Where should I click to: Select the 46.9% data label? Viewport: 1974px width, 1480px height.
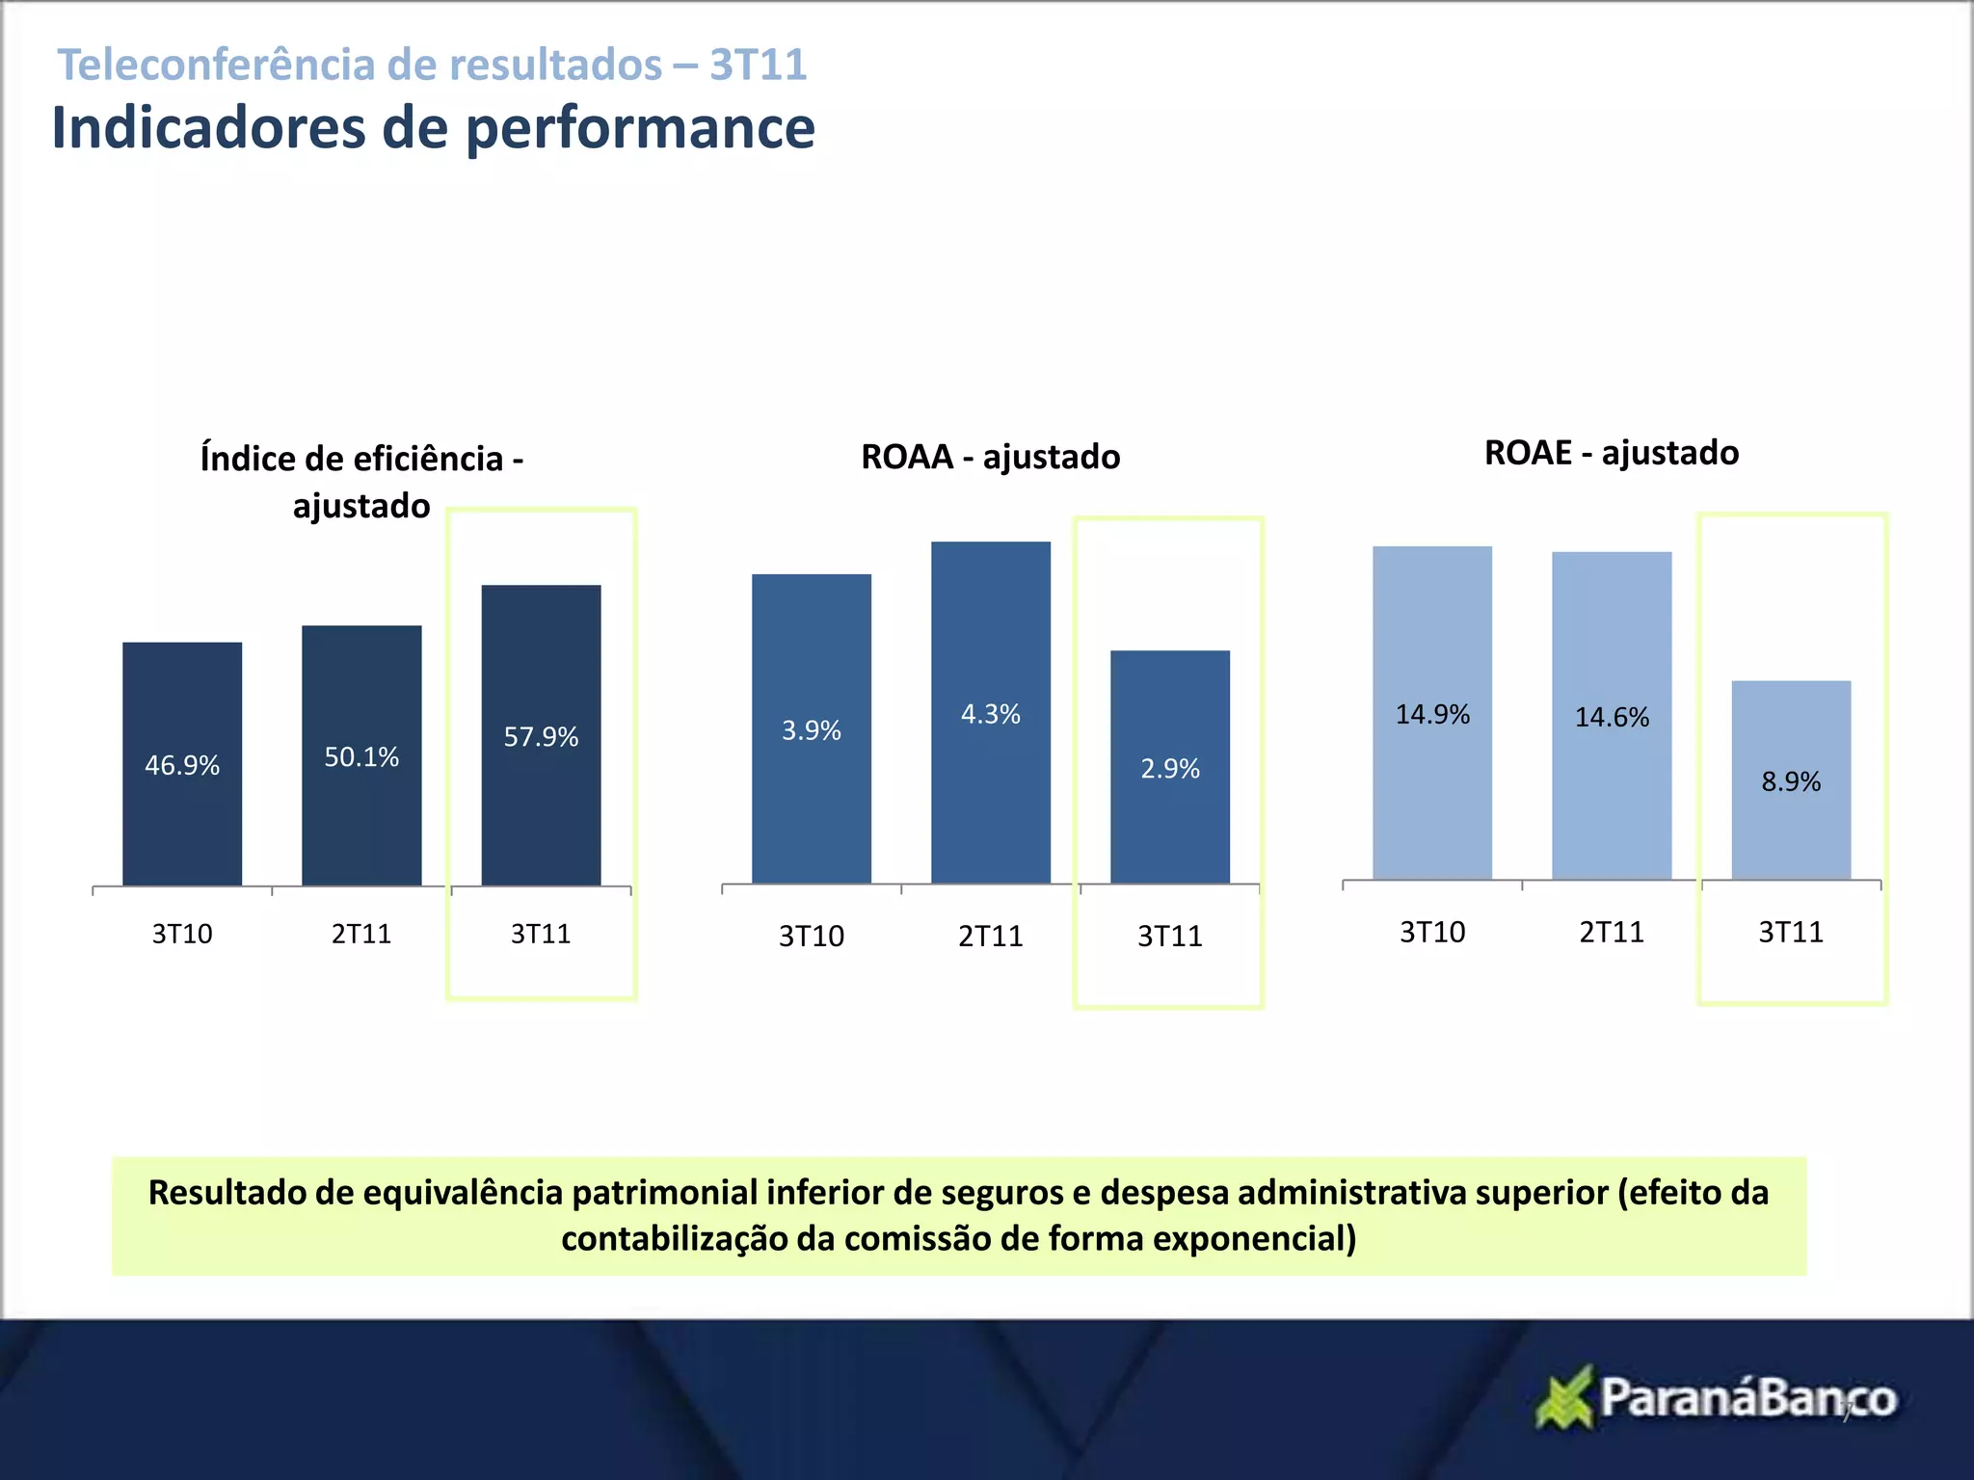(x=182, y=765)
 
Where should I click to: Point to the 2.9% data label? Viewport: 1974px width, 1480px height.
(x=1170, y=769)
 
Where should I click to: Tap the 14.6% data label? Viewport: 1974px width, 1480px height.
(x=1612, y=717)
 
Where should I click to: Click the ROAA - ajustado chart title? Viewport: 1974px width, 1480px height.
(x=990, y=457)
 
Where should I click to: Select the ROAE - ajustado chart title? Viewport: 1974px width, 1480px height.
(x=1612, y=453)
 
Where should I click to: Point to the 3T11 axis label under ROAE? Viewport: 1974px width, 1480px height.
(x=1791, y=932)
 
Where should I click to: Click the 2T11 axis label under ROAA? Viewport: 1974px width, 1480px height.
(x=990, y=936)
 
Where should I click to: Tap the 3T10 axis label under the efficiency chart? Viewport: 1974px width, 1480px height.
(x=182, y=934)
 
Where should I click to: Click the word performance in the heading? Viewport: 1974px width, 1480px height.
(x=640, y=128)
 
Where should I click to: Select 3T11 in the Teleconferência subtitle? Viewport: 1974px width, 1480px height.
(x=759, y=65)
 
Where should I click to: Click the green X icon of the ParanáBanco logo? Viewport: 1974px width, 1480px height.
(x=1563, y=1397)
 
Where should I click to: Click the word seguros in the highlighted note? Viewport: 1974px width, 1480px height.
(x=1002, y=1193)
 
